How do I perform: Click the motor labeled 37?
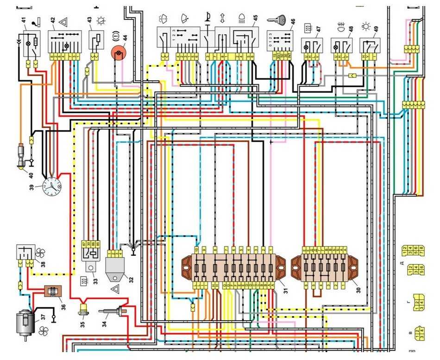click(25, 321)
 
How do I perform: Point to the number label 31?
click(286, 291)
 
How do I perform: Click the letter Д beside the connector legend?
click(402, 262)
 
